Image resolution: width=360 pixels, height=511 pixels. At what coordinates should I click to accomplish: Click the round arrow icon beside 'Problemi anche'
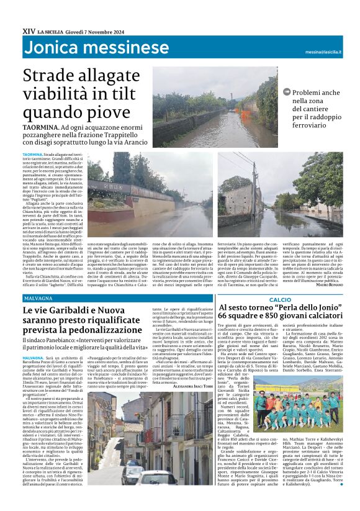[x=286, y=92]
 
